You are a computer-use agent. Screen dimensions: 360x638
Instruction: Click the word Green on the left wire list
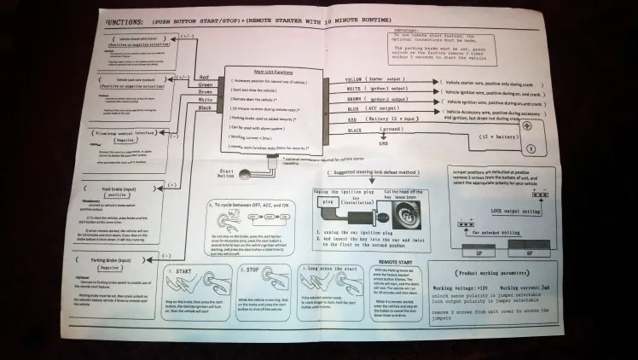pos(205,84)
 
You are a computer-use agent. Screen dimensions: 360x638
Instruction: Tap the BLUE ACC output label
pos(353,109)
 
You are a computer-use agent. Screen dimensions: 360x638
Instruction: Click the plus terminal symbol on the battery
pos(525,125)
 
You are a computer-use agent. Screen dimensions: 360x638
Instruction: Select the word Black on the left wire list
pos(205,108)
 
